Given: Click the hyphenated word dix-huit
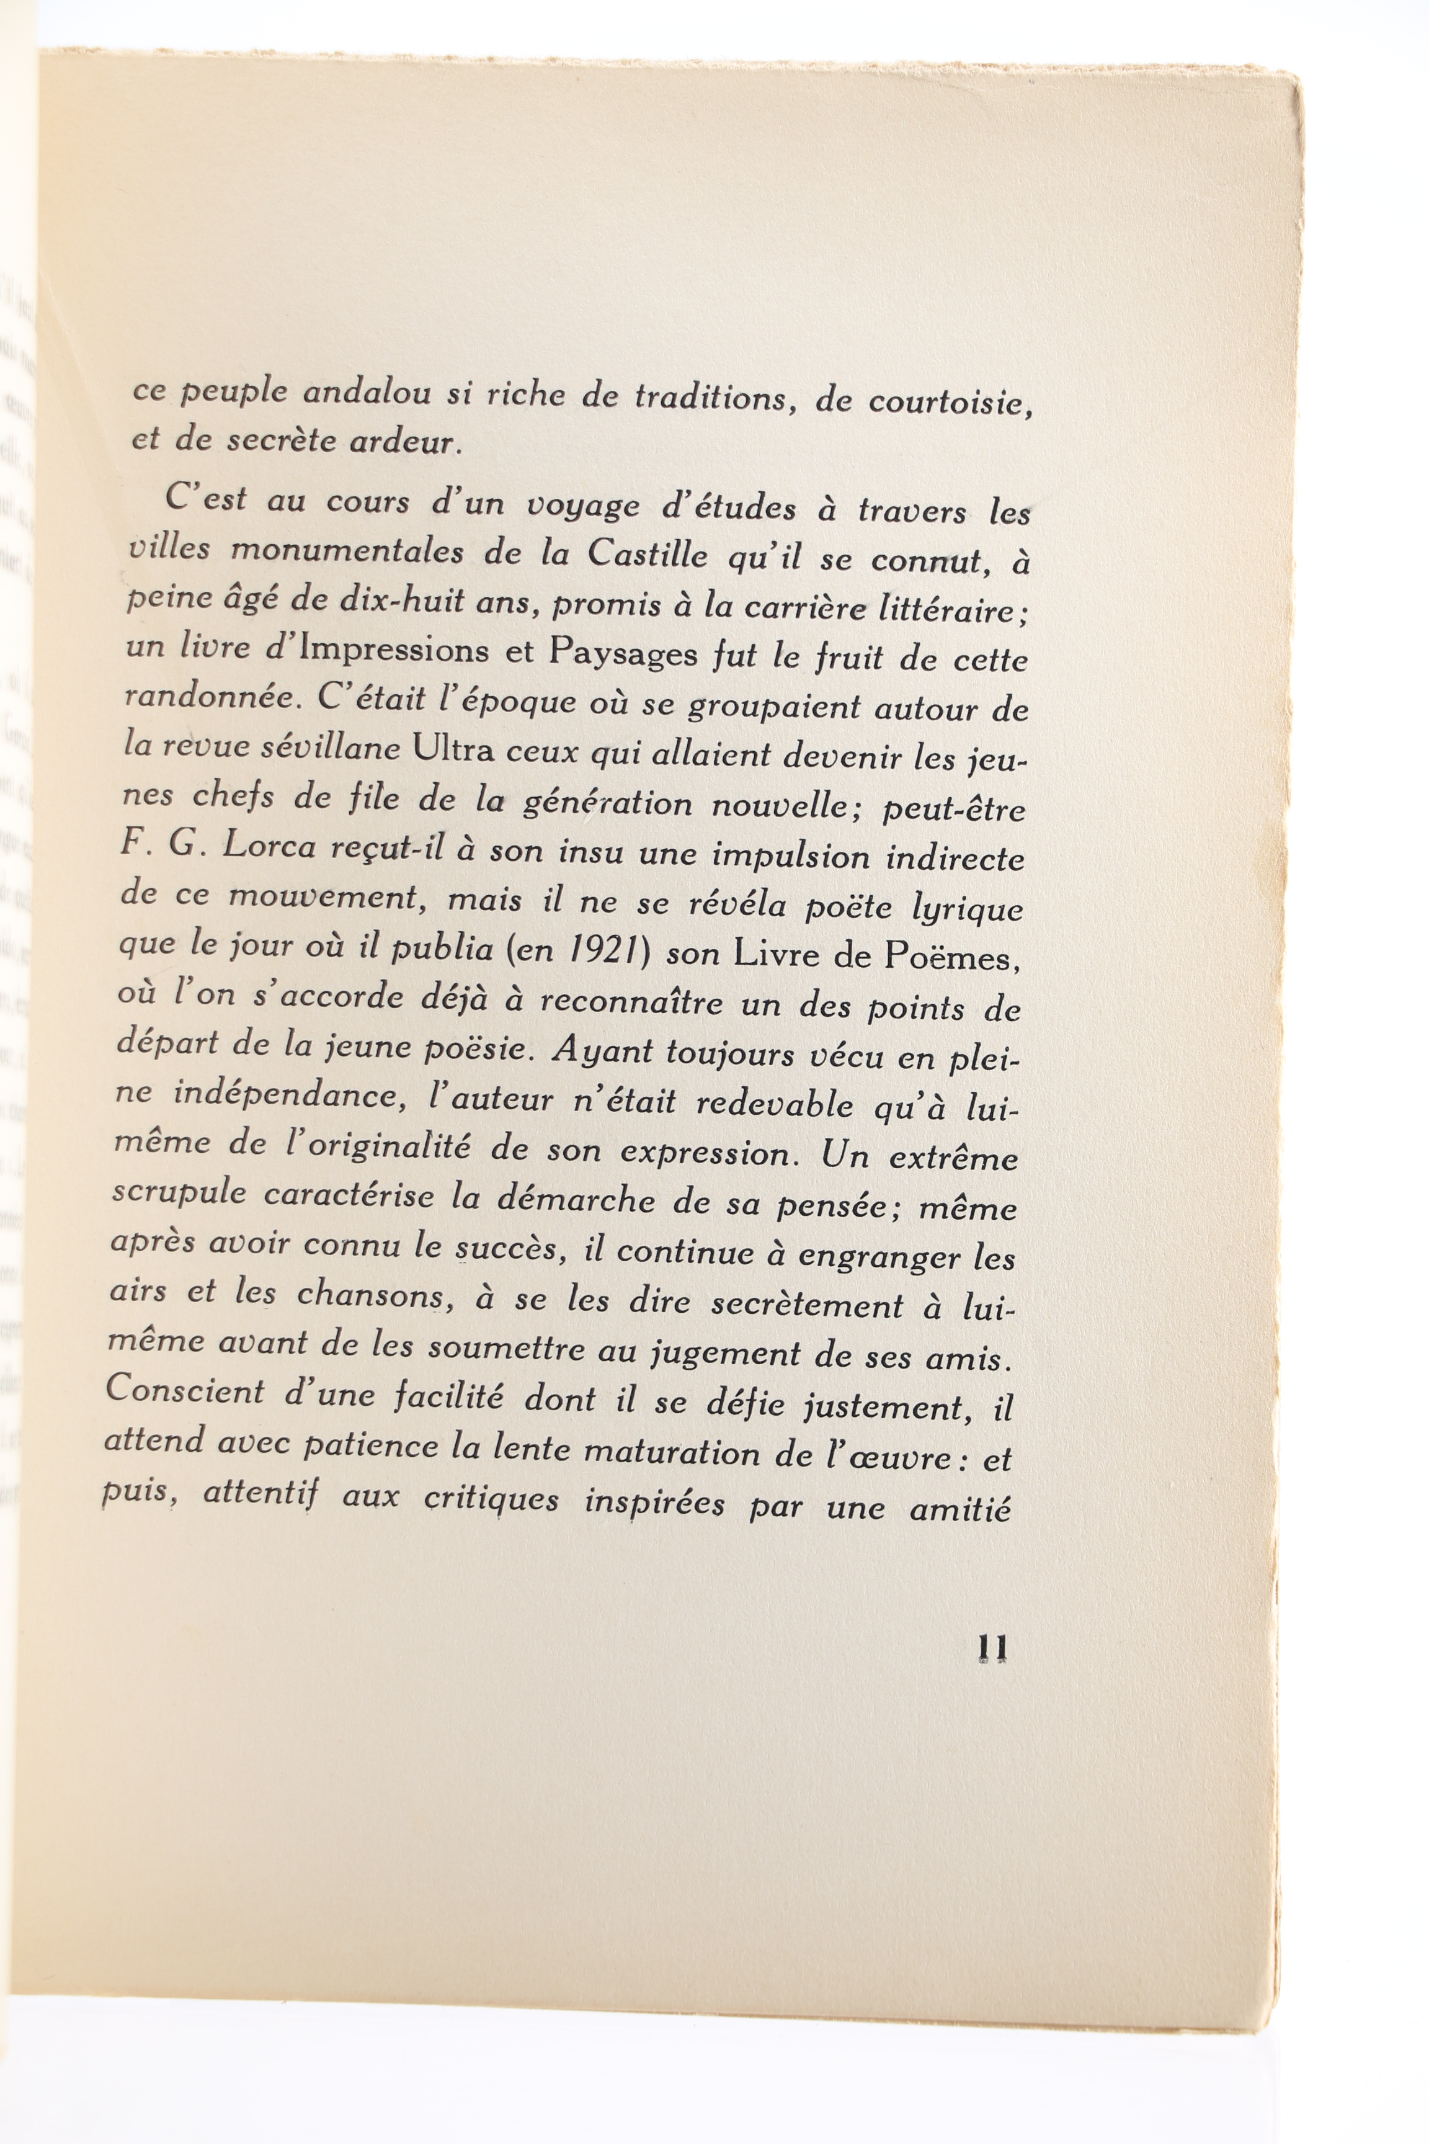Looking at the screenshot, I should coord(412,602).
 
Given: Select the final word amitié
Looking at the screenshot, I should coord(961,1509).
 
